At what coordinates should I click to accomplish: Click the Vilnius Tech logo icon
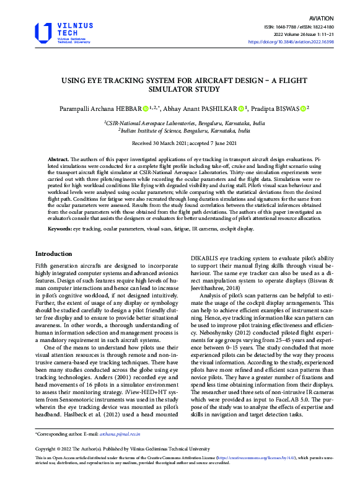(43, 32)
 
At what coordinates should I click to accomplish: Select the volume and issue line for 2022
(316, 35)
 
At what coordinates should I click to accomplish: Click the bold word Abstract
(59, 159)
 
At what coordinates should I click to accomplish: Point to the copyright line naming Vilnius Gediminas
(123, 448)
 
